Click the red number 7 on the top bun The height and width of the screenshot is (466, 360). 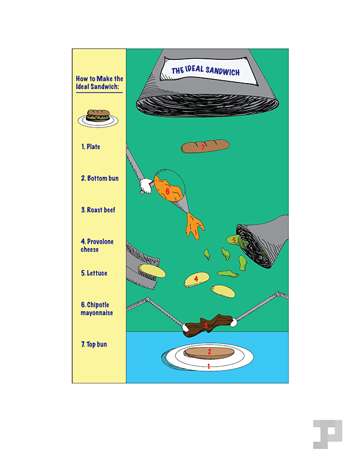click(203, 147)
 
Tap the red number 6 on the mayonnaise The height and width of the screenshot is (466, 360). click(168, 191)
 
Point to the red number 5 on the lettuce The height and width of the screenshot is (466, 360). click(234, 240)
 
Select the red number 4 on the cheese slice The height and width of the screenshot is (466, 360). click(196, 279)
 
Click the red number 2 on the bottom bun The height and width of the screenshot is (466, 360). click(209, 351)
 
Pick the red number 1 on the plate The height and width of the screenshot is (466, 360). click(208, 366)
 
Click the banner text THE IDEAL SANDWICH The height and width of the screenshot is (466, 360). click(205, 71)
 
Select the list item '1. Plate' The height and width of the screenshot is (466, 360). click(90, 146)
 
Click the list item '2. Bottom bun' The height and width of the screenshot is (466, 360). click(100, 178)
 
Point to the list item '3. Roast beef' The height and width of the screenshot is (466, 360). click(98, 210)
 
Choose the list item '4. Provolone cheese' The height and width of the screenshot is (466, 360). click(97, 246)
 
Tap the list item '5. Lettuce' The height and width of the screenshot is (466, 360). click(94, 273)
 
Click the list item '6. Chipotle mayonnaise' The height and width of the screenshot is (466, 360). click(96, 309)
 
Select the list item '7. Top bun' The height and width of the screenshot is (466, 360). click(94, 345)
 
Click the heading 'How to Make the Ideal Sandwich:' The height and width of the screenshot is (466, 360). click(99, 82)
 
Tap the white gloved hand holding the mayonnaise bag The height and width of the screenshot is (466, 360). click(146, 185)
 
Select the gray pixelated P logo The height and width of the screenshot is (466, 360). click(328, 434)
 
